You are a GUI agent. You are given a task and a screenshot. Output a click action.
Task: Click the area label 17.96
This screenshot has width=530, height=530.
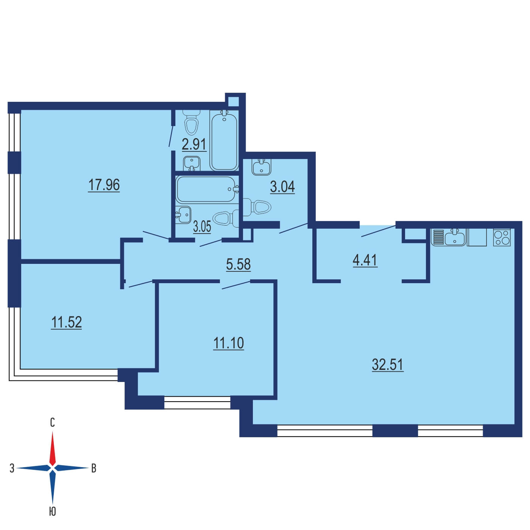[x=104, y=185]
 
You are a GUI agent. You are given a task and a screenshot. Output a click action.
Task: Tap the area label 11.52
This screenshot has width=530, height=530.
[x=67, y=322]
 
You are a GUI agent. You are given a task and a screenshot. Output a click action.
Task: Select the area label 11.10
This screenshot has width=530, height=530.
[x=229, y=343]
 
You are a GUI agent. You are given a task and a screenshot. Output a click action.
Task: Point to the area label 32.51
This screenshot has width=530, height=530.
[x=388, y=365]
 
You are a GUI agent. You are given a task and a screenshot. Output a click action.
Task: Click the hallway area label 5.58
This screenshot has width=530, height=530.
[x=238, y=264]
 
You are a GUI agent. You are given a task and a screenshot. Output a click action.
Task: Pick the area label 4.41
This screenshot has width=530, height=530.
[x=365, y=260]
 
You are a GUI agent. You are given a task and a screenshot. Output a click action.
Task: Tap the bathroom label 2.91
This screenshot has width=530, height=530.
[x=194, y=144]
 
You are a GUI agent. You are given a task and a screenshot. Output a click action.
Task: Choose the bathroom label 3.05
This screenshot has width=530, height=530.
[x=202, y=227]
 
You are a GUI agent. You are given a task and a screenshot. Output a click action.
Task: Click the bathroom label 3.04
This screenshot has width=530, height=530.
[x=282, y=187]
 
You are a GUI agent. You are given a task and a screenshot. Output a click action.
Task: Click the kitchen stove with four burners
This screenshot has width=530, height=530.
[x=502, y=237]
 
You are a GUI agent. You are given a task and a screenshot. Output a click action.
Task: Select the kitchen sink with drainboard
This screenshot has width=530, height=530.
[x=449, y=237]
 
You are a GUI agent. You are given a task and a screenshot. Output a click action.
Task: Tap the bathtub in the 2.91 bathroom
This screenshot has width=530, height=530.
[x=224, y=140]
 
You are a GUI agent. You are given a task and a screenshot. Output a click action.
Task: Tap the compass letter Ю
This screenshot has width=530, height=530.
[x=53, y=511]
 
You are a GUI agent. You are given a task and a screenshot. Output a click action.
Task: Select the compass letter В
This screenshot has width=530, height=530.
[x=94, y=468]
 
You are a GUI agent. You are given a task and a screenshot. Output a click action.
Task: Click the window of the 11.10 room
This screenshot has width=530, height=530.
[x=197, y=402]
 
